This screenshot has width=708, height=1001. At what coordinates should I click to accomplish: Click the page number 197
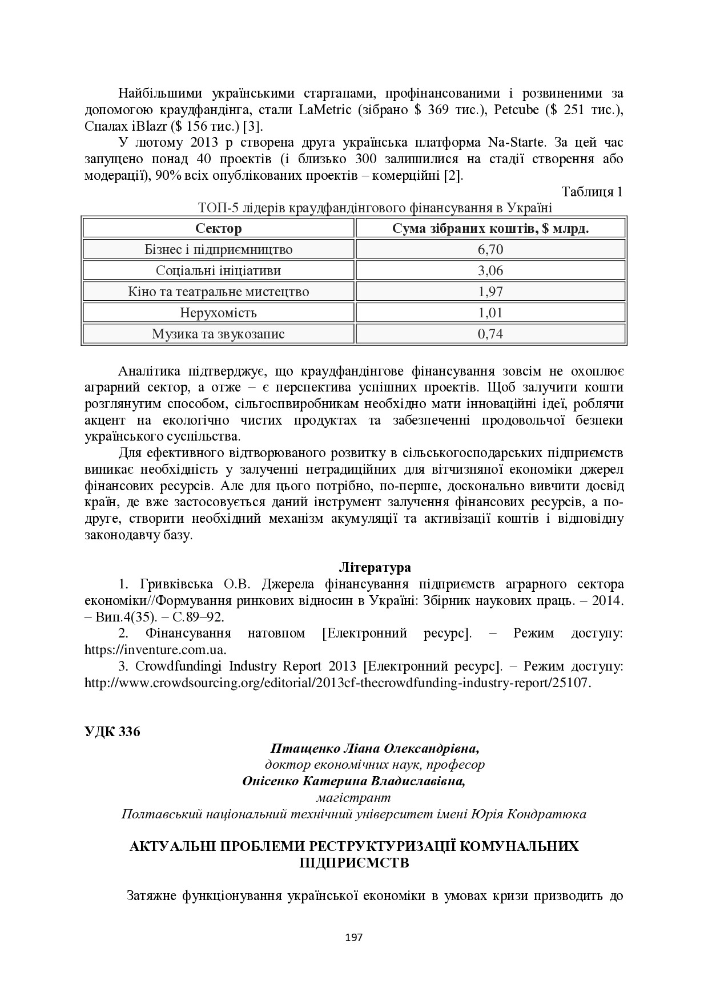tap(354, 937)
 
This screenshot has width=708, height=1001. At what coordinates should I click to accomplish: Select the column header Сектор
tap(218, 229)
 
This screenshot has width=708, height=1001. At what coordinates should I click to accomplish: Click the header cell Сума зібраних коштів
tap(490, 229)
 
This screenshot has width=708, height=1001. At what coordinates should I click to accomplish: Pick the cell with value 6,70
tap(490, 250)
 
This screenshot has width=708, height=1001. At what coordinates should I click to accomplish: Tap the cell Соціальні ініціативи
tap(218, 271)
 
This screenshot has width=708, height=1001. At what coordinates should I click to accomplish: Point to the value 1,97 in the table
tap(490, 292)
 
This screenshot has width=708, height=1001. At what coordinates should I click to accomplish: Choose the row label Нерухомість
tap(218, 313)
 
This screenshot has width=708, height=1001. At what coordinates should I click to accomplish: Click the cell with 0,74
tap(490, 334)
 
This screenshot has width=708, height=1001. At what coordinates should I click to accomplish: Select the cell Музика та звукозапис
tap(218, 334)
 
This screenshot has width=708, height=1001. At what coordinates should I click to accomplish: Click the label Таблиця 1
tap(592, 192)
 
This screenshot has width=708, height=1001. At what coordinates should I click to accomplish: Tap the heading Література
tap(375, 568)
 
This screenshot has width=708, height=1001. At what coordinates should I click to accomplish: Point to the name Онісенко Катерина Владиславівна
tap(353, 781)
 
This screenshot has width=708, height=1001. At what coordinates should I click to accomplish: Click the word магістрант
tap(353, 797)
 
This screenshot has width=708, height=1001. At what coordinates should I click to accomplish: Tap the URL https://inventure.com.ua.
tap(155, 650)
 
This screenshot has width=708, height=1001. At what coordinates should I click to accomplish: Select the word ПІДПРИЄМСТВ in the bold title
tap(354, 862)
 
